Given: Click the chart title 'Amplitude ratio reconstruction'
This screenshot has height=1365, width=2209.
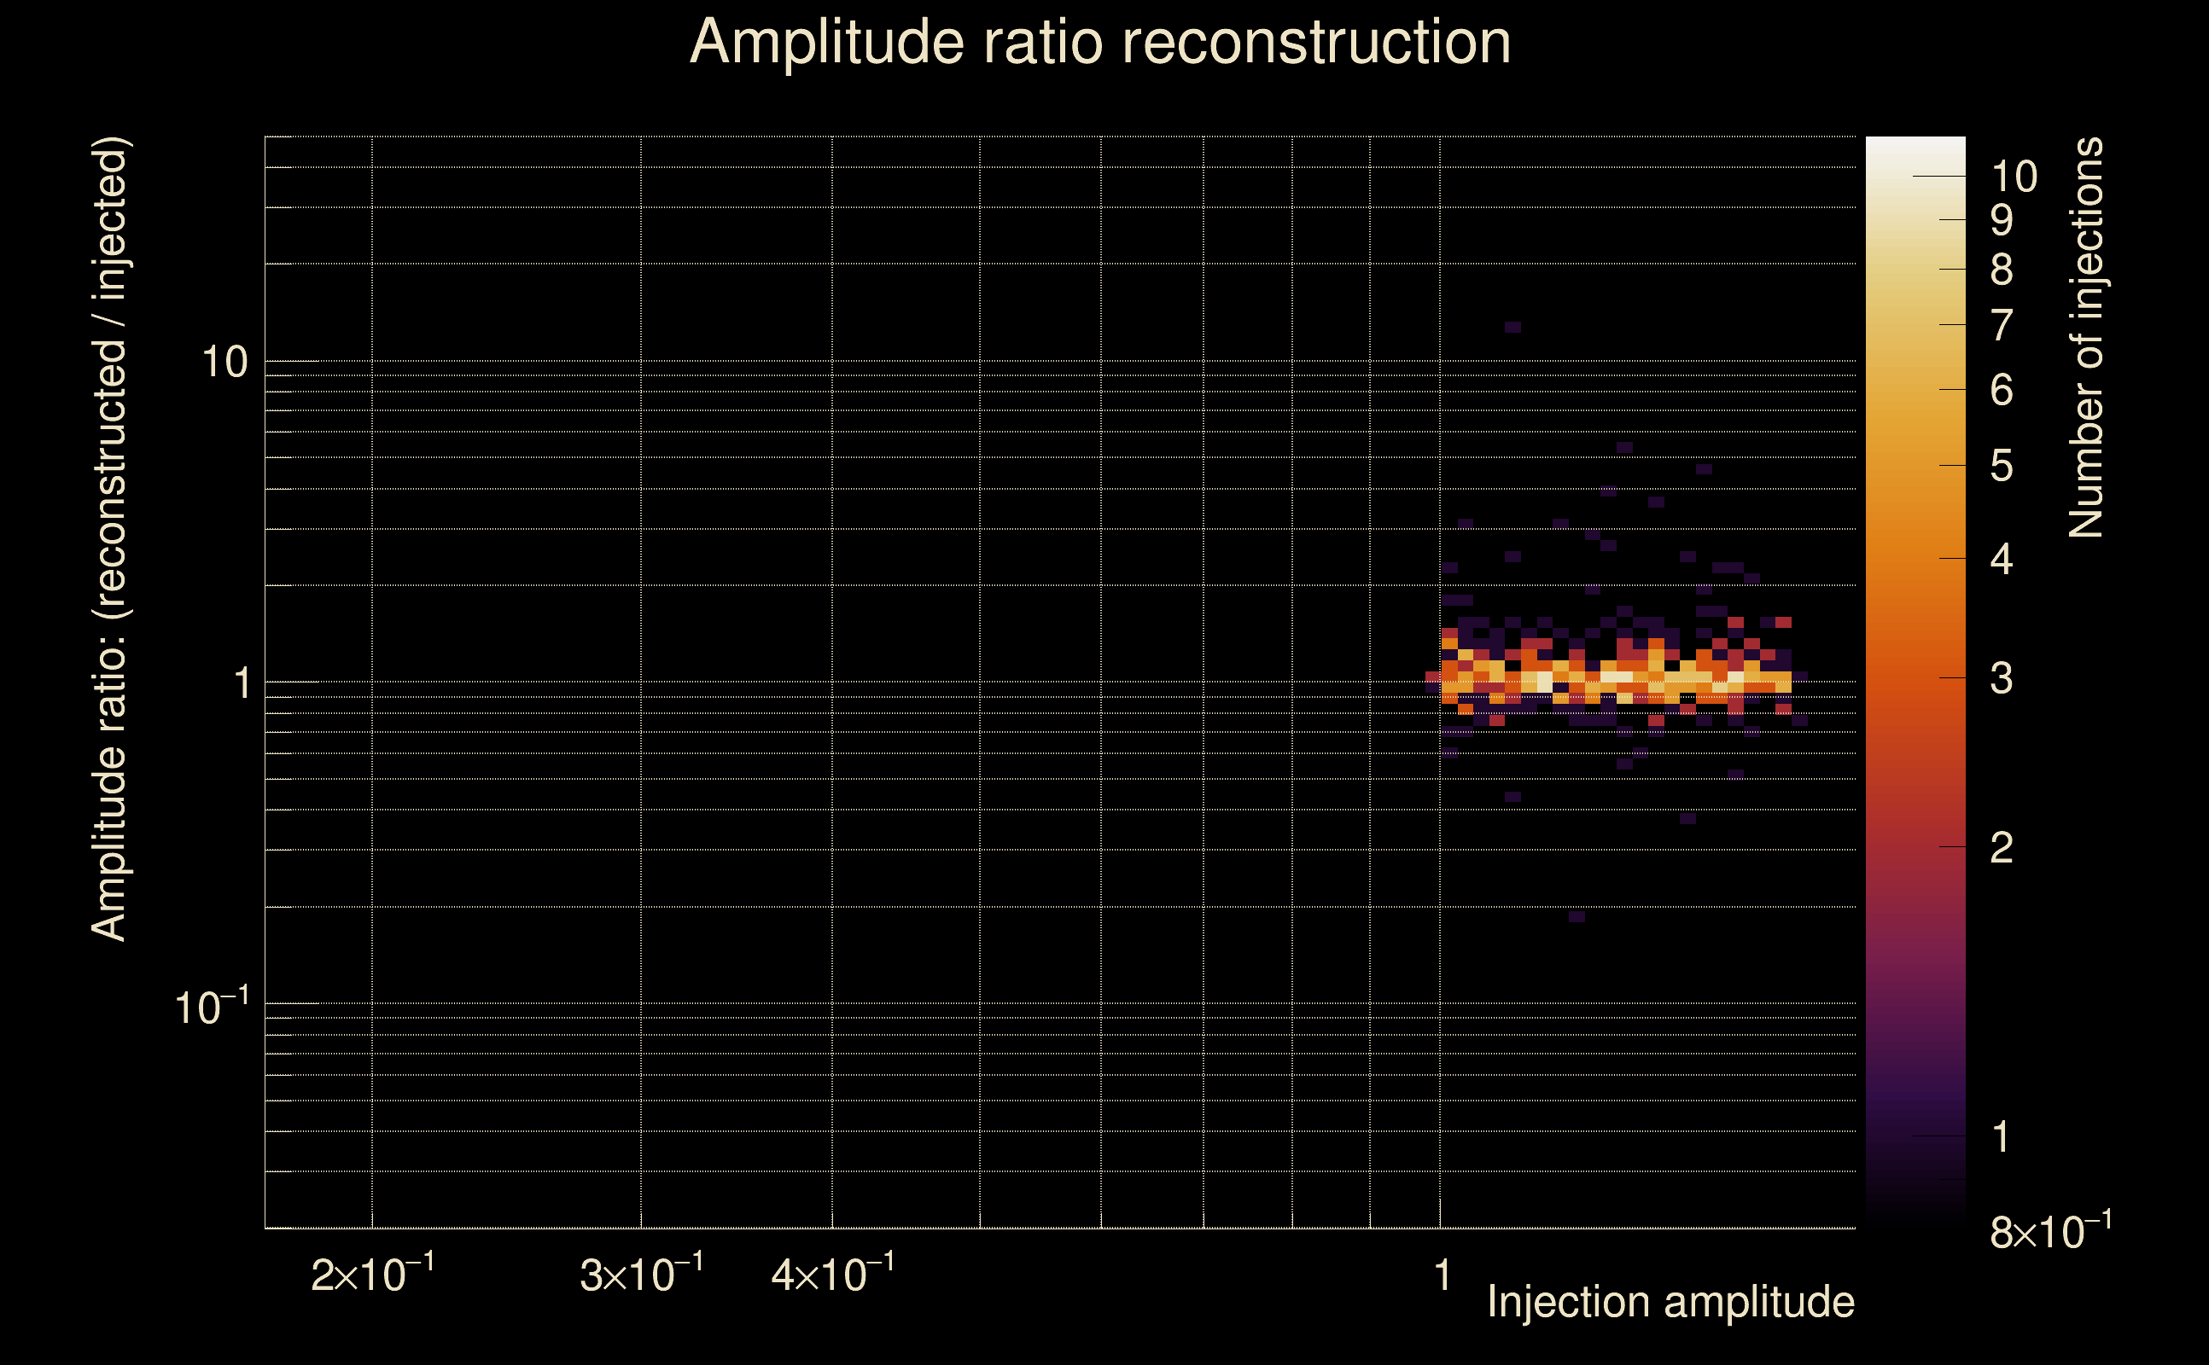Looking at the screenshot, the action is [1100, 43].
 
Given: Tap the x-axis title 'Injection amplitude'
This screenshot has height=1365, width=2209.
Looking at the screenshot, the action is [1670, 1302].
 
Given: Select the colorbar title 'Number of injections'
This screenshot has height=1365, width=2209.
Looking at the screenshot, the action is [2086, 338].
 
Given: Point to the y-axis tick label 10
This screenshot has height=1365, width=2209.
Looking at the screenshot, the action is [224, 362].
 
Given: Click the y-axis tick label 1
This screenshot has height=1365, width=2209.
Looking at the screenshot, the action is [242, 683].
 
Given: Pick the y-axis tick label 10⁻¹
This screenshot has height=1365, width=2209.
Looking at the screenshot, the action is [212, 1006].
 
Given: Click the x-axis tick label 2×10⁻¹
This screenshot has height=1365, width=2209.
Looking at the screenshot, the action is [372, 1273].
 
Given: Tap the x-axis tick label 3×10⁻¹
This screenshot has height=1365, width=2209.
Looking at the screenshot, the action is [641, 1273].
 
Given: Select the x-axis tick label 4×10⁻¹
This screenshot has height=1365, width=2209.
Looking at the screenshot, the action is [833, 1273].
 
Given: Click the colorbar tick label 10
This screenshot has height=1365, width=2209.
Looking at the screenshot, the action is [2014, 177].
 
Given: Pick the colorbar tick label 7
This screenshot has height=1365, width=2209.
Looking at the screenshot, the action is [2002, 326].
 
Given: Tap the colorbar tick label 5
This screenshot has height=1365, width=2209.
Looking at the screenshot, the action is [2002, 467].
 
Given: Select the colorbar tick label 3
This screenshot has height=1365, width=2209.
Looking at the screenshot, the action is [2002, 678].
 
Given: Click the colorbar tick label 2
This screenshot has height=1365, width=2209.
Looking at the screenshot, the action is [2002, 848].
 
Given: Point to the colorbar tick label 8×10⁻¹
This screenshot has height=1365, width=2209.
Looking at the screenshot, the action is [2051, 1230].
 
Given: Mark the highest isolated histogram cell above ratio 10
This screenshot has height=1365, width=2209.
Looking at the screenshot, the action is [1512, 327].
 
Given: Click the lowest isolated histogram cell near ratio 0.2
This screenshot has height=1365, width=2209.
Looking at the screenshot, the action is [1577, 916].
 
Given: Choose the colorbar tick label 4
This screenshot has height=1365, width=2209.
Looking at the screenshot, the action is [2002, 560].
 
